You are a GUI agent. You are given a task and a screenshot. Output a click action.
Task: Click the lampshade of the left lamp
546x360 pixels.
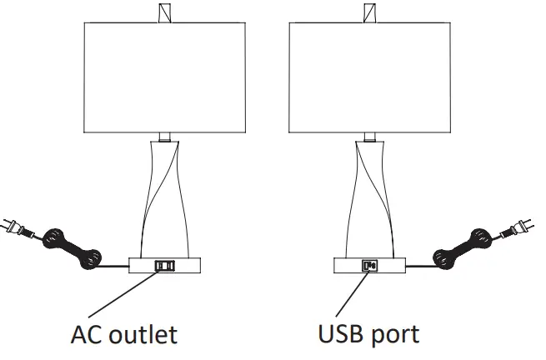tap(165, 76)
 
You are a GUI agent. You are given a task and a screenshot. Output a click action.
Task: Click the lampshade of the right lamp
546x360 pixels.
tap(368, 76)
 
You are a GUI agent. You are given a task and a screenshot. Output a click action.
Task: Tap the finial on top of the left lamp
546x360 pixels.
tap(164, 12)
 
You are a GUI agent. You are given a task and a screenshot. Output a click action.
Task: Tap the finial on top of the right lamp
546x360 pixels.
tap(368, 12)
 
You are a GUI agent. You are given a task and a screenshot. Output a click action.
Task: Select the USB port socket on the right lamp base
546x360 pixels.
tap(368, 266)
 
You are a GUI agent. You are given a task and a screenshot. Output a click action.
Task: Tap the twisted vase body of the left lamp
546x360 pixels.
tap(165, 196)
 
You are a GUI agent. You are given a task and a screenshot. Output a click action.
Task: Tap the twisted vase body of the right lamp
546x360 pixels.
tap(368, 196)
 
